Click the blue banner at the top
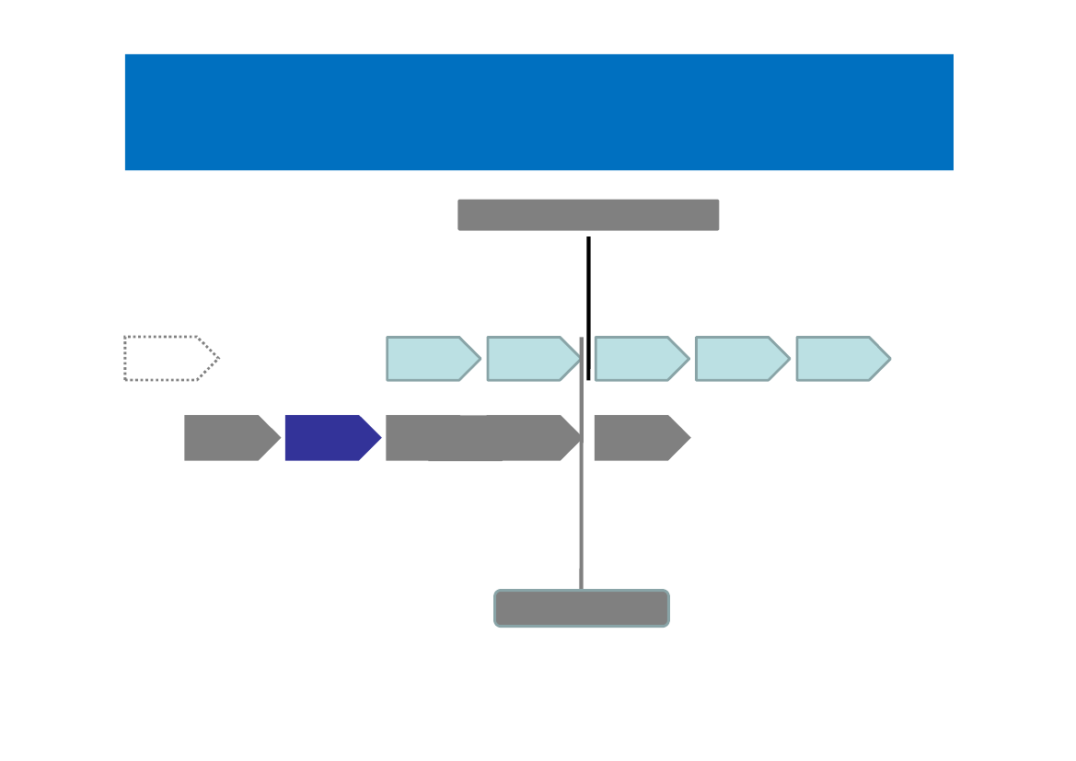click(x=538, y=112)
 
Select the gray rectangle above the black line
click(x=588, y=215)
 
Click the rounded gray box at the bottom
click(x=582, y=608)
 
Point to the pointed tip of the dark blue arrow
click(x=380, y=438)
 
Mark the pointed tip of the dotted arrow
click(x=218, y=358)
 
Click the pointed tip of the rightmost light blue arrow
click(x=889, y=359)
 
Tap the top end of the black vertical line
click(x=588, y=238)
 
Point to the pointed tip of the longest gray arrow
click(x=581, y=438)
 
